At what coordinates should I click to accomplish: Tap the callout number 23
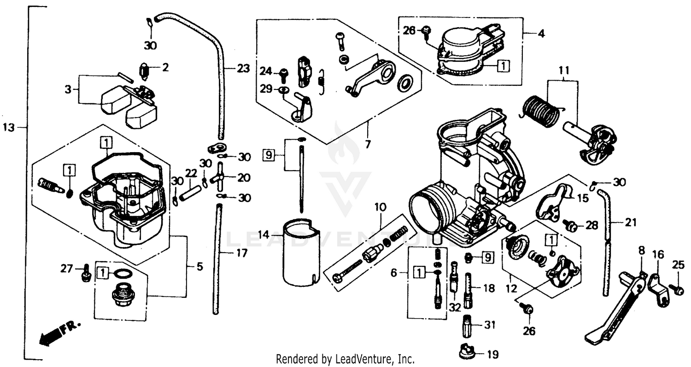click(243, 69)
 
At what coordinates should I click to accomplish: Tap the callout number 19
click(492, 355)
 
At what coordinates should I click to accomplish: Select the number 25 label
click(678, 265)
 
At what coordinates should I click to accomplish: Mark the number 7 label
click(367, 145)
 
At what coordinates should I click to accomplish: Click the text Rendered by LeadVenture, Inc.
click(345, 359)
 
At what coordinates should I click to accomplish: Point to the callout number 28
click(591, 225)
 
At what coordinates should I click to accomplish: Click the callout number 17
click(241, 253)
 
